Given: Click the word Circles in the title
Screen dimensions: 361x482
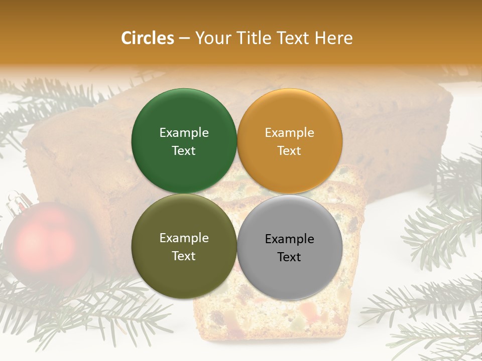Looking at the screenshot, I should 147,38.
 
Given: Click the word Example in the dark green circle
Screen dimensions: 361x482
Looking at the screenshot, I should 184,133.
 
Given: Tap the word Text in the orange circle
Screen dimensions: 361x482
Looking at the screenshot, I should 289,151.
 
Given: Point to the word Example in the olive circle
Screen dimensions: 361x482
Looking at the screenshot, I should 184,238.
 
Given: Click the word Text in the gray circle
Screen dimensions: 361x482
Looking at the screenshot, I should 289,257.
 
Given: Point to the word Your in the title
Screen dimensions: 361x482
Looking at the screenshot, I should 211,38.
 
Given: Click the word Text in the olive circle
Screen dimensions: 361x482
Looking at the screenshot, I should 184,256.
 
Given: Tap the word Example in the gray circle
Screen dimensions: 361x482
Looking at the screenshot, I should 289,239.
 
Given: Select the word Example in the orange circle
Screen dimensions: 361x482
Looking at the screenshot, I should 289,133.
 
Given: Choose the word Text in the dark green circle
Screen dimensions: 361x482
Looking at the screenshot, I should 184,151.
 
